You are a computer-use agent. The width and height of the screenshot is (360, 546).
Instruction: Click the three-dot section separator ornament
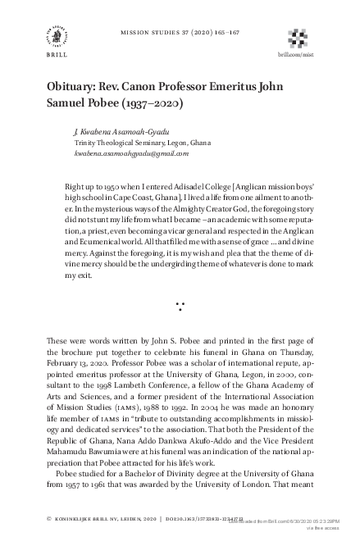click(x=180, y=307)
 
